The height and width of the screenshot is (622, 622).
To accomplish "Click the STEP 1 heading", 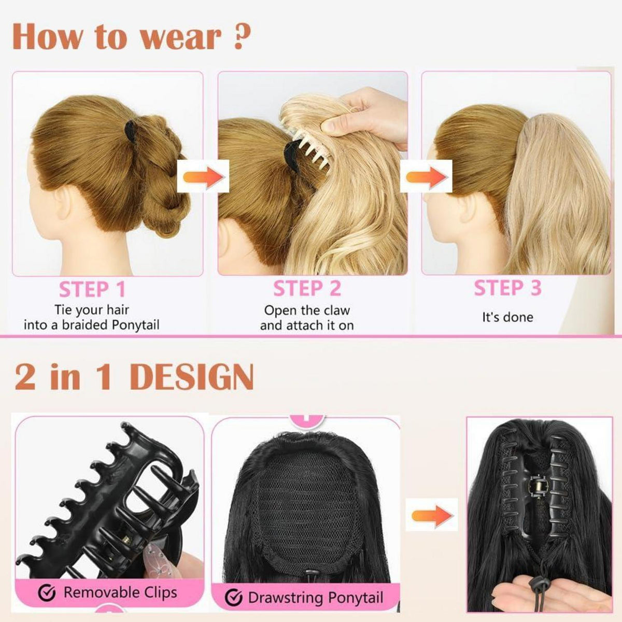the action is (92, 289).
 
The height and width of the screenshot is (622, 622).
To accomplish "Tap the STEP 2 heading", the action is (307, 288).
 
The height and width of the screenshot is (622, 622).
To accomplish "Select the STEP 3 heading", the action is (507, 288).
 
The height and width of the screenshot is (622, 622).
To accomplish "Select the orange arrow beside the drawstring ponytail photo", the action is (432, 515).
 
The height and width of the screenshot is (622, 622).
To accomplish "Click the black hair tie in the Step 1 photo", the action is (131, 133).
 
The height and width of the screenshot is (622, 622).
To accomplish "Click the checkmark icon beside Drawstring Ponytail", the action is (233, 598).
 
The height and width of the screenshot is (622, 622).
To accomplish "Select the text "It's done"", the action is (508, 317).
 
